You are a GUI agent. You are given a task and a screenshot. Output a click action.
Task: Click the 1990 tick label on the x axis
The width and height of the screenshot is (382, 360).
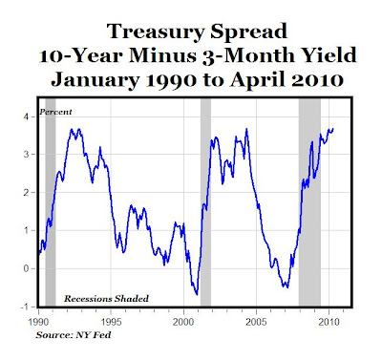(x=38, y=322)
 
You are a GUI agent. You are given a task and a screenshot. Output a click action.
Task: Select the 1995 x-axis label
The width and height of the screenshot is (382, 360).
(x=111, y=322)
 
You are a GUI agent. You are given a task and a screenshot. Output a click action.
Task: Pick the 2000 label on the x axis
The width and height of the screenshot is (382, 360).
(x=183, y=322)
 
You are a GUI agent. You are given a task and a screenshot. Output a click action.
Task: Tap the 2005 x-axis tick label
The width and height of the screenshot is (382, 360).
(x=256, y=322)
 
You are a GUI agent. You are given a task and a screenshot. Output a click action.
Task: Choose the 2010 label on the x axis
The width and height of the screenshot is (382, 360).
(x=329, y=322)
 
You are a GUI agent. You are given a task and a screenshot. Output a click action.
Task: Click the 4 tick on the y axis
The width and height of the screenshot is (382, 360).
(x=26, y=116)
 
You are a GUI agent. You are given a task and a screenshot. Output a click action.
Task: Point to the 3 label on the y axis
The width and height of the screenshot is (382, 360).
(x=26, y=155)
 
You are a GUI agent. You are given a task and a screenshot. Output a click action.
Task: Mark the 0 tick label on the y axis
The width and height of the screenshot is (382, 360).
(x=26, y=268)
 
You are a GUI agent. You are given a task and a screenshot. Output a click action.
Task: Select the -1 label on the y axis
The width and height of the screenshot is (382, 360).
(x=25, y=307)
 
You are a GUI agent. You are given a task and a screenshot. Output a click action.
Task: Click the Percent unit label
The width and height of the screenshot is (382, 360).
(x=55, y=112)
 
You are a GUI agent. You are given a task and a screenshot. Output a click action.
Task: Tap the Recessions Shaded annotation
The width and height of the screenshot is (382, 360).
(x=106, y=299)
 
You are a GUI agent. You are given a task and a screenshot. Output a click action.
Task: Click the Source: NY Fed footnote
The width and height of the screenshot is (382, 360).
(x=74, y=335)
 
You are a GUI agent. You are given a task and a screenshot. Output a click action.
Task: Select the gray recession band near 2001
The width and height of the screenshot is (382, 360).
(x=205, y=202)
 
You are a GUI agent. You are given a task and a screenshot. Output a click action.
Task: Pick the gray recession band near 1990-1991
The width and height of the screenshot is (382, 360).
(x=51, y=202)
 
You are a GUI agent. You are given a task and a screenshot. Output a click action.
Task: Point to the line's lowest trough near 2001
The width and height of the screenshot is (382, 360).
(x=197, y=295)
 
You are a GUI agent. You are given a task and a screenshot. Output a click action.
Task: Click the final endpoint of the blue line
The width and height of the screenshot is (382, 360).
(x=333, y=129)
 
